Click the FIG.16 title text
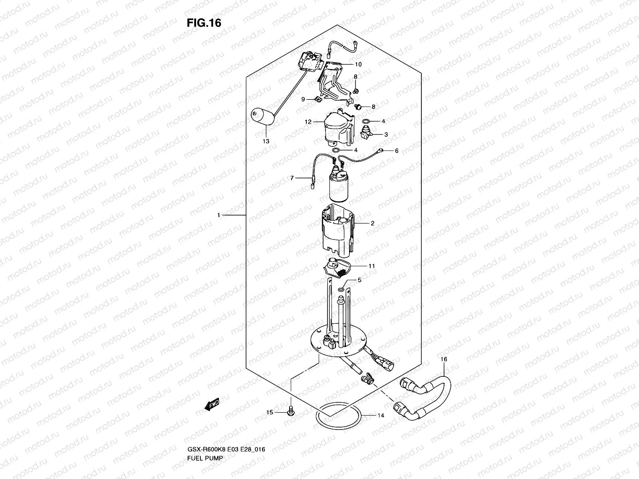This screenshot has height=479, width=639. coord(204,23)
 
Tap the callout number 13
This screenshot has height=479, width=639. coord(266,141)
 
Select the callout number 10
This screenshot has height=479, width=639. coord(358,64)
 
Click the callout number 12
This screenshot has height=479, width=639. coord(308,122)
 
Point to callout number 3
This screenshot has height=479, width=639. coord(386,135)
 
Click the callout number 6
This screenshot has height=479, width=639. coord(397,151)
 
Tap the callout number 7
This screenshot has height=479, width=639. coord(292,178)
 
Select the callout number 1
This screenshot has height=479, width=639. coord(218,216)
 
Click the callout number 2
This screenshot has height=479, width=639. coord(372,223)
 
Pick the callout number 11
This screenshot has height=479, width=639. coord(371,265)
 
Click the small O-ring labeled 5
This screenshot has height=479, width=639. coord(341,289)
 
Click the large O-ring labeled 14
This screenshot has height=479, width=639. coord(339,416)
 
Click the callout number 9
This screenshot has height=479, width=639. coord(303,99)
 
